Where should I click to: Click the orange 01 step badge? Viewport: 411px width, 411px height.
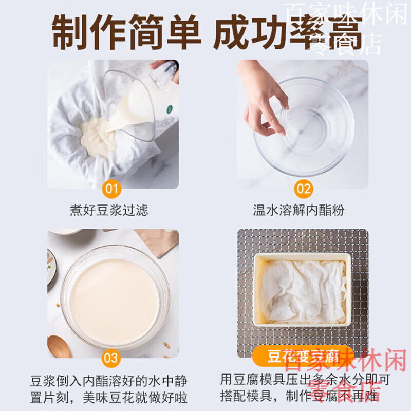pyautogui.click(x=111, y=189)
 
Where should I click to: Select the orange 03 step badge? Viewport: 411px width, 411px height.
pyautogui.click(x=111, y=358)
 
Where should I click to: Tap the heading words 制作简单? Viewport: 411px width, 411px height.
pyautogui.click(x=126, y=32)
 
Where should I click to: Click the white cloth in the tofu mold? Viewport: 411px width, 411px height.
pyautogui.click(x=303, y=290)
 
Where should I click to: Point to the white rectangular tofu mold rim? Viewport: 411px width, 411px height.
pyautogui.click(x=303, y=256)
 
